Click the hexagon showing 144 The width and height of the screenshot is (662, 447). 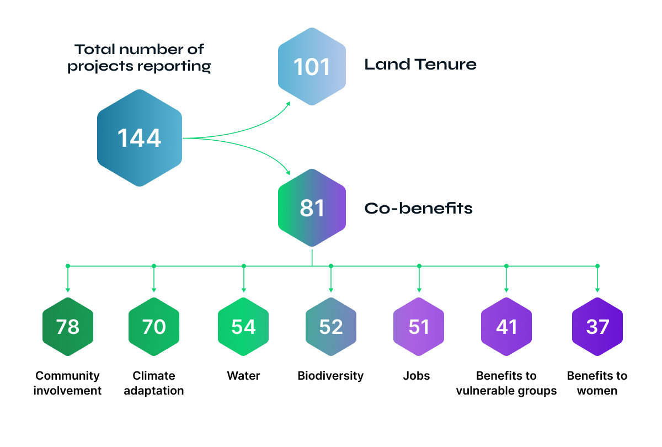tap(140, 137)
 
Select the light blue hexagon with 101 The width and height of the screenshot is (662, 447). tap(312, 66)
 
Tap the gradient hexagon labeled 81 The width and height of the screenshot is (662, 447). tap(312, 208)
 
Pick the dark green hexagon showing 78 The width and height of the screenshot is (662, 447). tap(68, 327)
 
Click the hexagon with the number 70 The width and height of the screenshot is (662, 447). tap(154, 327)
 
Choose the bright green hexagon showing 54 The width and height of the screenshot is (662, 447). tap(243, 327)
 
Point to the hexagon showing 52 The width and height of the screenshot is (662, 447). tap(331, 327)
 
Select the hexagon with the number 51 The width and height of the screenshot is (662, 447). tap(419, 327)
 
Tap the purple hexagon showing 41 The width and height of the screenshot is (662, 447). tap(506, 327)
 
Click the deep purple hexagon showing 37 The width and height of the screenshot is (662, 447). tap(597, 327)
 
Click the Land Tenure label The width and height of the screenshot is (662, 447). tap(420, 65)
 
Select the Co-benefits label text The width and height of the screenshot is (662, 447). tap(418, 209)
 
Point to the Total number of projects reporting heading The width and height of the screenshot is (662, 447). tap(139, 58)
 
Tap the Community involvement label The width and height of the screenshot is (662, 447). tap(68, 383)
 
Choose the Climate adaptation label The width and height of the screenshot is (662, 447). tap(154, 383)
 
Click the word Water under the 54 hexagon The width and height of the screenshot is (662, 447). tap(243, 376)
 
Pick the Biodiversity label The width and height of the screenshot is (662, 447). tap(330, 376)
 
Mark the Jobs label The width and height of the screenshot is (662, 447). tap(417, 376)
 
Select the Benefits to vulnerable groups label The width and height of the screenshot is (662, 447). tap(506, 383)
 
